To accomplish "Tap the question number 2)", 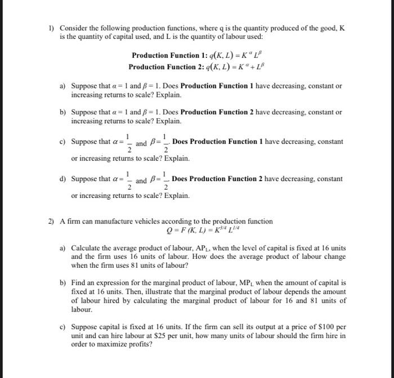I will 51,221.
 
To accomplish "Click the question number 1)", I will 51,28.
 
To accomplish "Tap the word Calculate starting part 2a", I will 87,247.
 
